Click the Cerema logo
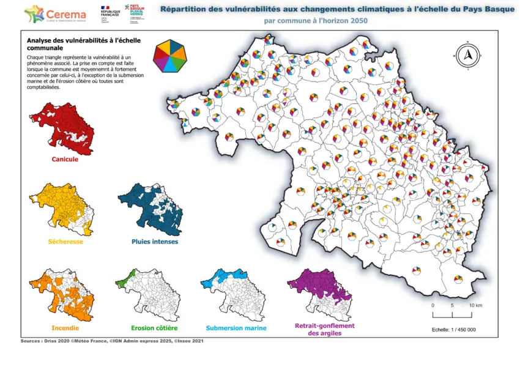click(55, 13)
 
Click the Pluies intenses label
click(155, 242)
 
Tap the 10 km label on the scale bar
click(475, 305)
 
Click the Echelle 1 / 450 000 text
click(454, 330)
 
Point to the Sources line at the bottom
click(112, 341)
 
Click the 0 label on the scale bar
click(433, 305)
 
